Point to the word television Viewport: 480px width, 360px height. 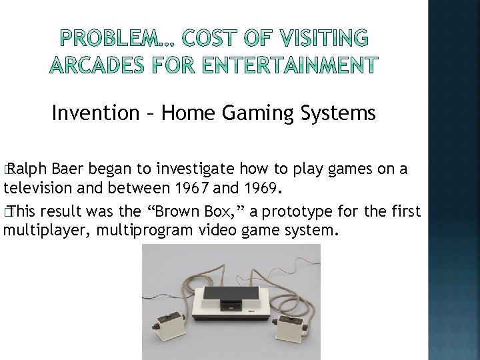(40, 188)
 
